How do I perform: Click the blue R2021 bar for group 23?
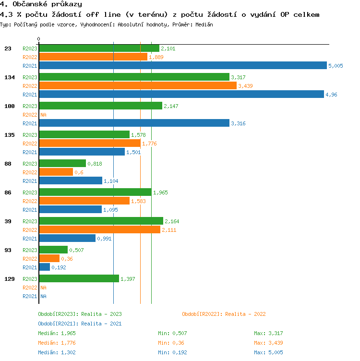[x=182, y=65]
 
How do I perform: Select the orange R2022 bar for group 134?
[x=137, y=85]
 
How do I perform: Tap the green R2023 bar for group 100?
[x=100, y=106]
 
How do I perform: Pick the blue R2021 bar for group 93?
[x=44, y=267]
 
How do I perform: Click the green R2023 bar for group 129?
[x=79, y=278]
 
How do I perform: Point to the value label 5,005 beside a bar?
[x=336, y=66]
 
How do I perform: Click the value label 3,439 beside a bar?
[x=245, y=86]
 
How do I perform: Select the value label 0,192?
[x=59, y=267]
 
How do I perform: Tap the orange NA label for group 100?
[x=43, y=115]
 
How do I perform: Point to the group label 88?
[x=8, y=164]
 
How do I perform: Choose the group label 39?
[x=8, y=221]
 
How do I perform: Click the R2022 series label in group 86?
[x=30, y=201]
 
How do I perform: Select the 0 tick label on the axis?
[x=39, y=39]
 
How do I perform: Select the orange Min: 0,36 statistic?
[x=171, y=343]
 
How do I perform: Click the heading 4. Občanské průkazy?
[x=41, y=4]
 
